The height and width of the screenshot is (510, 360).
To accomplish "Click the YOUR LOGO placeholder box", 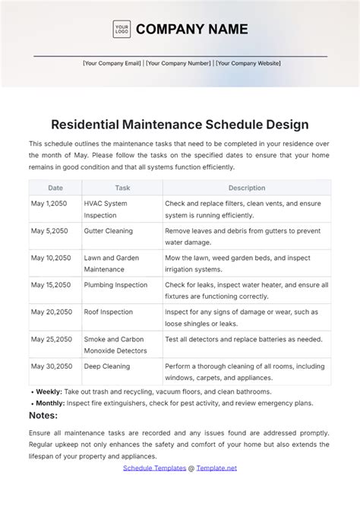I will pos(122,30).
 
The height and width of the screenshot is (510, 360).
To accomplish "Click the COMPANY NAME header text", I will pos(191,30).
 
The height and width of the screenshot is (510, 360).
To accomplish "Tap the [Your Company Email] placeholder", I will pos(112,64).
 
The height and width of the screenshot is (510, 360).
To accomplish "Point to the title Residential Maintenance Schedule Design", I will pos(180,124).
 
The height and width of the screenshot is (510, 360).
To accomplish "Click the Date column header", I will pos(55,188).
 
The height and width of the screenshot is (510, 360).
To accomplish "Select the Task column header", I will pos(122,188).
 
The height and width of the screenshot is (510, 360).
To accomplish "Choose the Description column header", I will pos(247,188).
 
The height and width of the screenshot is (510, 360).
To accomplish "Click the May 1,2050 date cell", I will pos(49,204).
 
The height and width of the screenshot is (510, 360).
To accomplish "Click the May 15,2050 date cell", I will pos(51,285).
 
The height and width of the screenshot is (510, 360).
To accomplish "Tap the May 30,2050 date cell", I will pos(51,366).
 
